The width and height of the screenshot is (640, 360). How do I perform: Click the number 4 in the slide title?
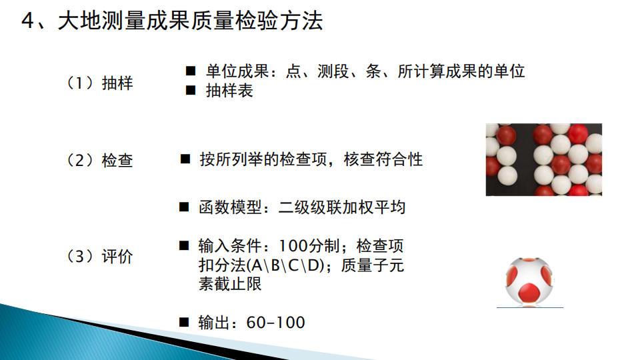[x=28, y=21]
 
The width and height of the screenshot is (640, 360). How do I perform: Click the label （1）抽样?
[x=99, y=83]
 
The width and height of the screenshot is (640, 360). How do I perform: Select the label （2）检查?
[x=99, y=161]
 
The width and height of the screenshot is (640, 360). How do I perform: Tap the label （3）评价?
[x=99, y=257]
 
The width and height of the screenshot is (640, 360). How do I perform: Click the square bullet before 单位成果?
[x=191, y=71]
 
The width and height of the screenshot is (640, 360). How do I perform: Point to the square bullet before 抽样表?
[x=191, y=90]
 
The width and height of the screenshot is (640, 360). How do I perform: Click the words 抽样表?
[x=229, y=91]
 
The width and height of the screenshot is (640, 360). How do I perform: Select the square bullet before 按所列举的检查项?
[x=185, y=159]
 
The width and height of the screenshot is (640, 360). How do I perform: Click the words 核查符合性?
[x=383, y=159]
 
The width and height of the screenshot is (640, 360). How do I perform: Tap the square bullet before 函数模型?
[x=184, y=207]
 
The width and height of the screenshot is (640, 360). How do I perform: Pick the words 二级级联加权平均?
[x=342, y=207]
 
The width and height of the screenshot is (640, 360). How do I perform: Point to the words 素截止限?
[x=230, y=284]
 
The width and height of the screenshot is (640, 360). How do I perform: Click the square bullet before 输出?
[x=184, y=323]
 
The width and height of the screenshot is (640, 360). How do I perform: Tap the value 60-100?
[x=275, y=323]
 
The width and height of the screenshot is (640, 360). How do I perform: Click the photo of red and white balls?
[x=544, y=159]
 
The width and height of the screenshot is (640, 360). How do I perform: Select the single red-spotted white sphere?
[x=529, y=282]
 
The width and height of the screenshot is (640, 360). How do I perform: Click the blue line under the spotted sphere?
[x=530, y=307]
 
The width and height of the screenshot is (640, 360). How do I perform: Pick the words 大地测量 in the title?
[x=101, y=21]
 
